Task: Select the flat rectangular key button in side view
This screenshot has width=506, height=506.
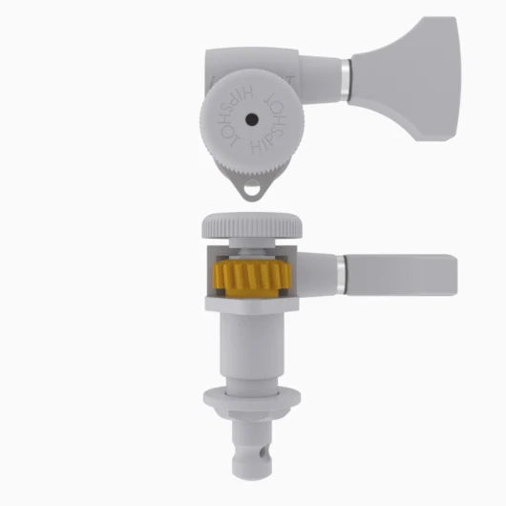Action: point(401,274)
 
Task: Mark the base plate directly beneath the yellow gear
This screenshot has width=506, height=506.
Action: point(252,307)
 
